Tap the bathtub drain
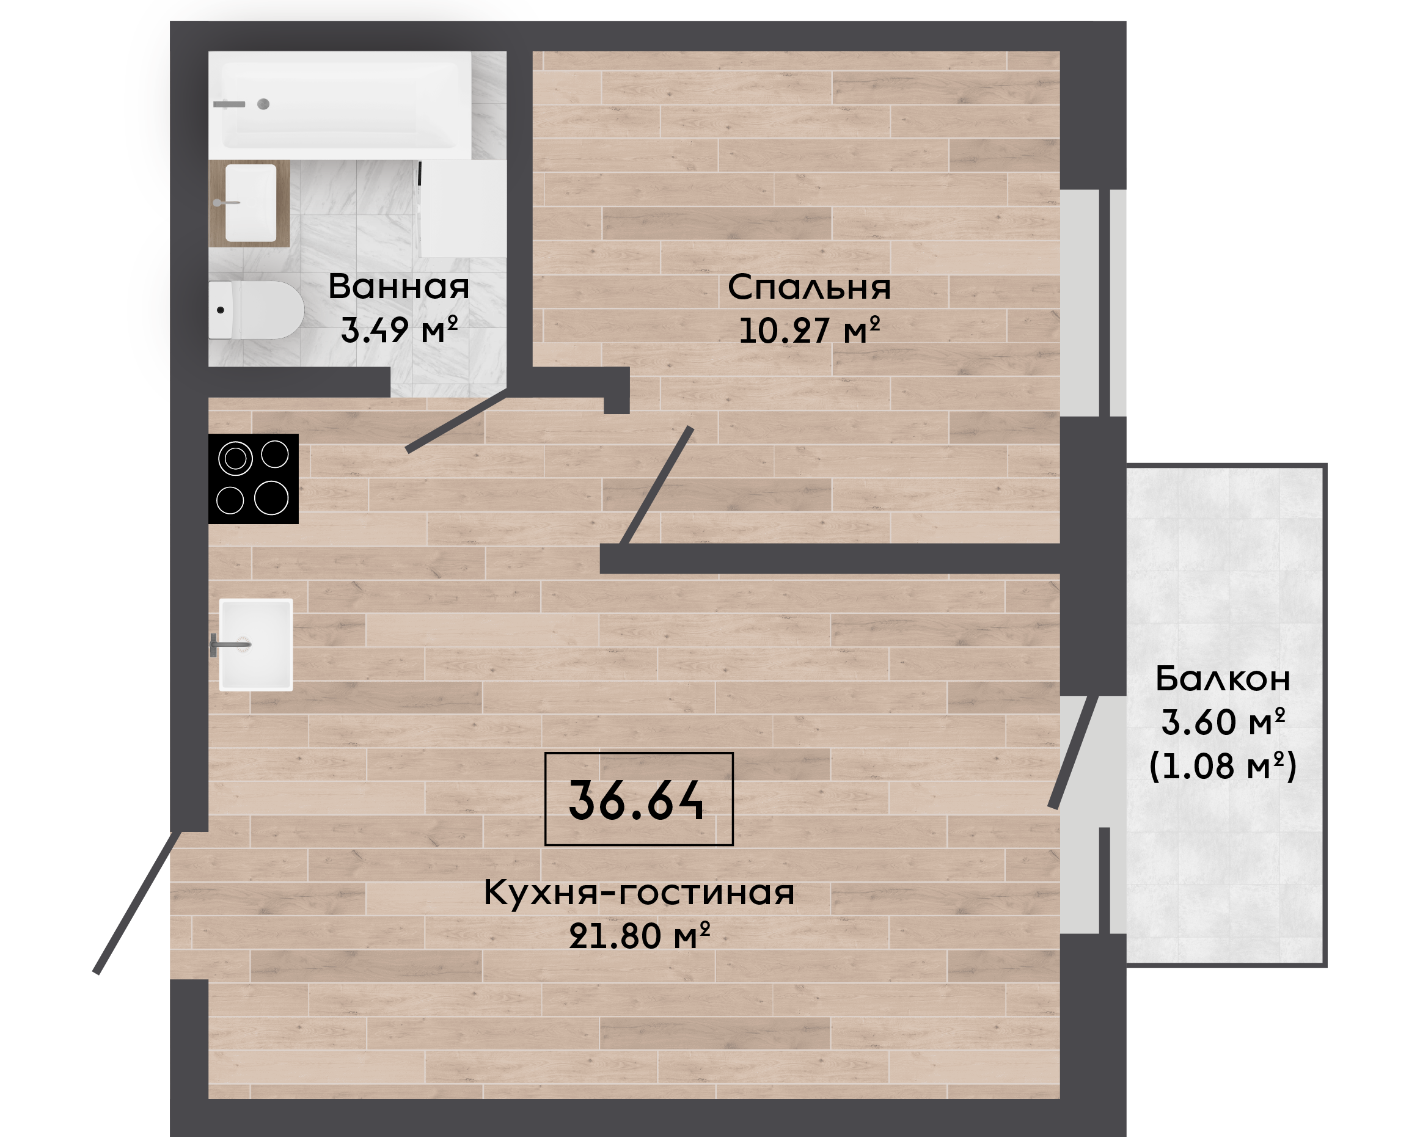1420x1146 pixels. [x=263, y=104]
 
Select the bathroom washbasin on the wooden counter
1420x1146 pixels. [x=251, y=203]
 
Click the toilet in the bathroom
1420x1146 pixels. [x=256, y=310]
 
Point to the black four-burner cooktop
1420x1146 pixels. [x=254, y=478]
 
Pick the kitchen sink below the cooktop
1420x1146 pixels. [x=255, y=644]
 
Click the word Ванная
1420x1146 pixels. [x=399, y=286]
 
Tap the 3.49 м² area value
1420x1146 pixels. [x=400, y=329]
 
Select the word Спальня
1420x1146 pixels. [x=810, y=288]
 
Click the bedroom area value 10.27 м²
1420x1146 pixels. [x=810, y=330]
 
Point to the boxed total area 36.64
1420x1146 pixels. [x=639, y=800]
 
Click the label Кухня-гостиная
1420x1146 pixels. [x=639, y=892]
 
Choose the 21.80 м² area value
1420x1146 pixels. [x=639, y=935]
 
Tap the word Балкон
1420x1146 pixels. [x=1223, y=679]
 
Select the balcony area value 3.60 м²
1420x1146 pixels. [x=1223, y=721]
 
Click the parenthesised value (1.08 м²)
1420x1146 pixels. [x=1223, y=766]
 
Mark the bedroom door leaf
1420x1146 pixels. [x=656, y=486]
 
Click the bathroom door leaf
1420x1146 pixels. [x=456, y=420]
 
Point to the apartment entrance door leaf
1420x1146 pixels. [x=137, y=902]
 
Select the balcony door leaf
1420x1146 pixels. [x=1074, y=752]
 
